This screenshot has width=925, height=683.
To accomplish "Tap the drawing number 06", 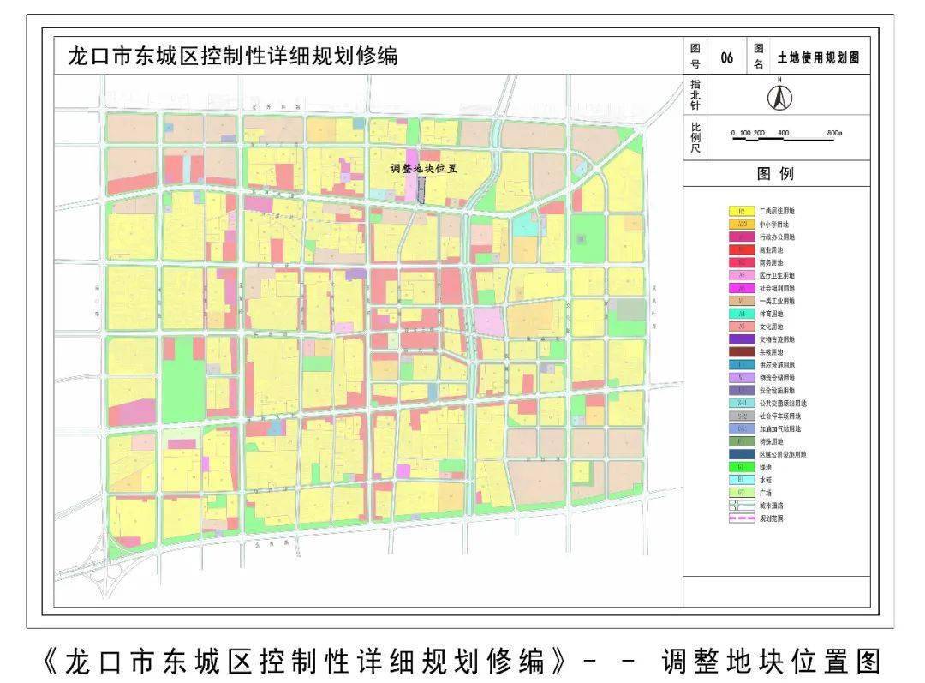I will pos(727,58).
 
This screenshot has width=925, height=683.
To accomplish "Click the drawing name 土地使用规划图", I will pos(817,58).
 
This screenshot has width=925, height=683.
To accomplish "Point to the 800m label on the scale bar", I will pos(835,133).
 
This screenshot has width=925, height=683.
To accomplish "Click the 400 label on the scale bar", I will pos(784,133).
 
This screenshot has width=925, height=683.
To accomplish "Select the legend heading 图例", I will pos(776,174).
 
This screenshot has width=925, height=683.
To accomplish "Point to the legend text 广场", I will pos(765,493).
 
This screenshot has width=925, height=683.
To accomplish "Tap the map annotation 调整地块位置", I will pos(423,169).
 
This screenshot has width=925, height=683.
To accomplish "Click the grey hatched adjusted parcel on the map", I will pos(421,189).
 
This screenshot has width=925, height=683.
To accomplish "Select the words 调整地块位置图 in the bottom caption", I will pos(771,661).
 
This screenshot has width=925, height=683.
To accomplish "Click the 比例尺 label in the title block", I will pos(695,137).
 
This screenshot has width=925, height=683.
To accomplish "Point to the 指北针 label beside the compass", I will pos(695,96).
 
